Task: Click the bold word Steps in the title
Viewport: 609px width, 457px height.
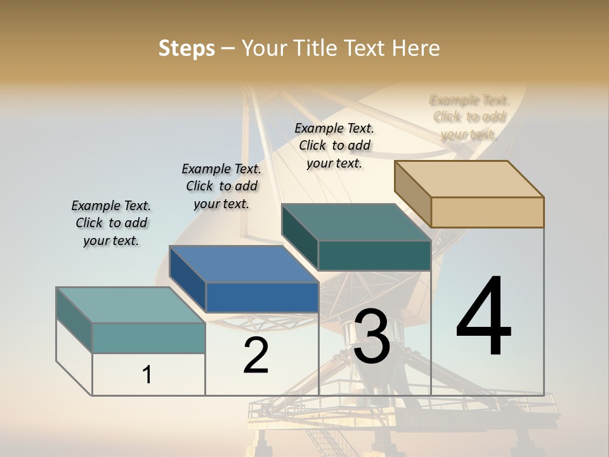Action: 187,48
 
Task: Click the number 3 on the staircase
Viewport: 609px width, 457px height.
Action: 372,336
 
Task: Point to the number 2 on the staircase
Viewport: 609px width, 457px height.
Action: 256,355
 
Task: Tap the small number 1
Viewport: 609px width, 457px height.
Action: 147,374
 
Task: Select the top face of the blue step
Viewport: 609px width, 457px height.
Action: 244,264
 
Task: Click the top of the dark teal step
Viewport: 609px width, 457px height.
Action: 357,222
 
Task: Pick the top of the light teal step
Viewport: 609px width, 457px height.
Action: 131,305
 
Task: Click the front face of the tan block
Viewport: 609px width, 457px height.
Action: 487,212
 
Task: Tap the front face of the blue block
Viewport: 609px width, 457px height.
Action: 262,297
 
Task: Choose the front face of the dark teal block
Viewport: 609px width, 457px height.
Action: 374,255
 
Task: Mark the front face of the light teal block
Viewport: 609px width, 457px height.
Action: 148,338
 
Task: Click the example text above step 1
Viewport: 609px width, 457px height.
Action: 111,223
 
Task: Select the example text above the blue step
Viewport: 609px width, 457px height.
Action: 221,186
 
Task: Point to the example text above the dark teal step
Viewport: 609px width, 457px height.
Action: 334,145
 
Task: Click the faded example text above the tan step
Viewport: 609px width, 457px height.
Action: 469,117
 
